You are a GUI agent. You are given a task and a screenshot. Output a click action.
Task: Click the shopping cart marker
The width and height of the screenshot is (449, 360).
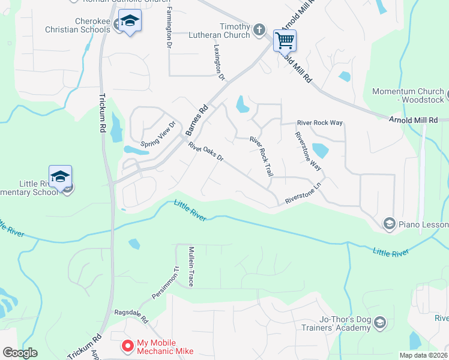285,41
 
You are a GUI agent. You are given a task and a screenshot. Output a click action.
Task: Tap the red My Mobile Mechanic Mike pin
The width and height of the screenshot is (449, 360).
128,346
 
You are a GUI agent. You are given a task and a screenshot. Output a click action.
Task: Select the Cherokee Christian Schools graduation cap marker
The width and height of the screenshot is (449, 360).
130,22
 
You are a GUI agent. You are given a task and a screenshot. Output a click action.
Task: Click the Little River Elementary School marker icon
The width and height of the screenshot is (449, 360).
60,177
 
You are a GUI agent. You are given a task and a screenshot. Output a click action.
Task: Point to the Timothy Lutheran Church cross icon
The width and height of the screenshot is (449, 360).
259,29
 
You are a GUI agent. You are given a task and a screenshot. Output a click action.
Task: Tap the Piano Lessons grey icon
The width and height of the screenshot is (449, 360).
389,224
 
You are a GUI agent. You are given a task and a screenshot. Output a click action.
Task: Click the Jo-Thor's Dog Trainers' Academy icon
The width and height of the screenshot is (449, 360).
379,323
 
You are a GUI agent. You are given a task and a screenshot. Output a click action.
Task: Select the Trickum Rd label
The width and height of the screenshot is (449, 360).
101,112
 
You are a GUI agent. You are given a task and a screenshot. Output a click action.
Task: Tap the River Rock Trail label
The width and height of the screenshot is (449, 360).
262,156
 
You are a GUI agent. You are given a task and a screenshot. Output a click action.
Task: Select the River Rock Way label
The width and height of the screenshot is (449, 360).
320,123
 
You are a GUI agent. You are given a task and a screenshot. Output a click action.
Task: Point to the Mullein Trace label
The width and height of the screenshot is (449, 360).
191,266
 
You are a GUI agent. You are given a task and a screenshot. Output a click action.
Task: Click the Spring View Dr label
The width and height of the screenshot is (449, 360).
158,135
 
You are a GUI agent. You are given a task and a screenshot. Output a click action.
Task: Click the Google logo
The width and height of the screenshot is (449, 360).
20,353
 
